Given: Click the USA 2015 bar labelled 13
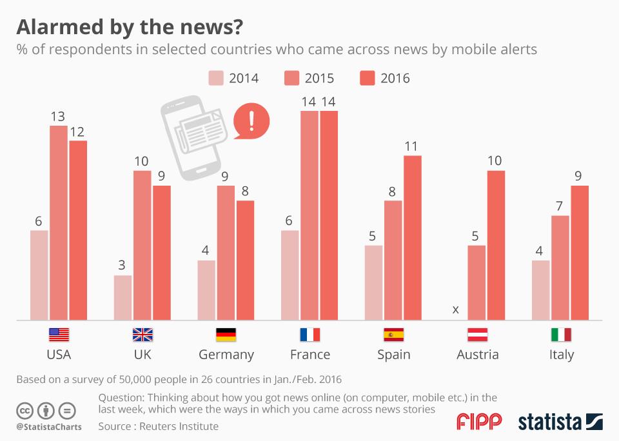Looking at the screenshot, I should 59,222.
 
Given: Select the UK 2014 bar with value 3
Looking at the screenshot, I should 123,297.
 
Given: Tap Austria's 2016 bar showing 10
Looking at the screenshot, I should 496,245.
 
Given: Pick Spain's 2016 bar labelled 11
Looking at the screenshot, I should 412,237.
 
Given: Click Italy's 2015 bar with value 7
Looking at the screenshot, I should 560,268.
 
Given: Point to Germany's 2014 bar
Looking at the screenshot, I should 206,289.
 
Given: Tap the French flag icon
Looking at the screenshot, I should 309,335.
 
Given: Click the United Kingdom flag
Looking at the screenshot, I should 142,335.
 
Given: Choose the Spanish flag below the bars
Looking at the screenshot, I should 393,335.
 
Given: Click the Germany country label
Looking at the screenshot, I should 226,355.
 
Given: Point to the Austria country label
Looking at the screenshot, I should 477,355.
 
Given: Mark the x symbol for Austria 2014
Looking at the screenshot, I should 455,309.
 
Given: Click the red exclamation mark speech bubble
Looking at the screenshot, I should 251,121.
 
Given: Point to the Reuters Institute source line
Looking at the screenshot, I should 159,426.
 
